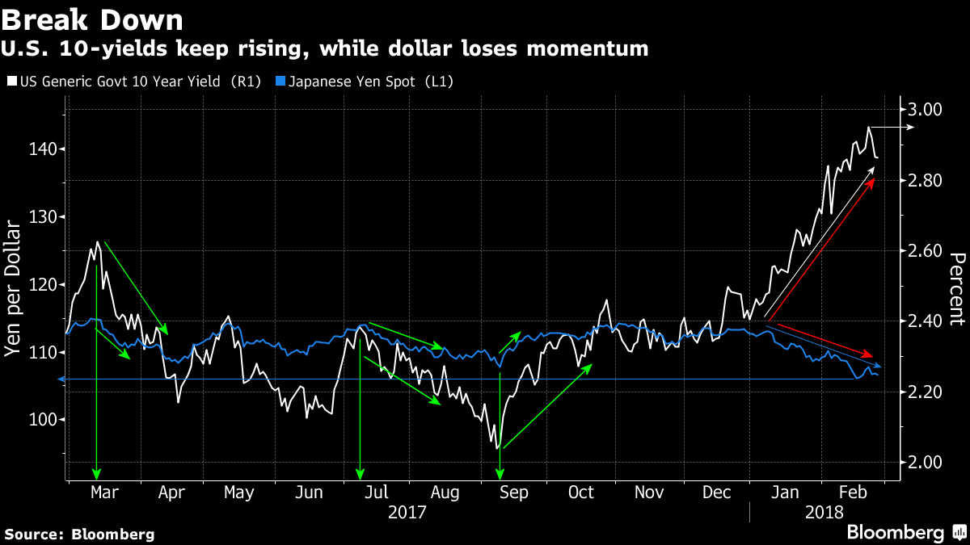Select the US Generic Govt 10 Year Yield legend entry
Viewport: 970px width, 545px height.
tap(133, 82)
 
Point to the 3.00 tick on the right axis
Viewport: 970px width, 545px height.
tap(924, 110)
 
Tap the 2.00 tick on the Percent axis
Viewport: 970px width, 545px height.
tap(924, 463)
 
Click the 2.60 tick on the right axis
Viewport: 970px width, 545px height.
tap(924, 251)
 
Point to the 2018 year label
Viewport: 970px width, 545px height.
tap(824, 512)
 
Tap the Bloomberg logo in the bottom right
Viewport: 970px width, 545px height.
tap(905, 532)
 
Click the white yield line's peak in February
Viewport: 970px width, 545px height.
tap(869, 128)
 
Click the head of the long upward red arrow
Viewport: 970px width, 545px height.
tap(874, 179)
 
